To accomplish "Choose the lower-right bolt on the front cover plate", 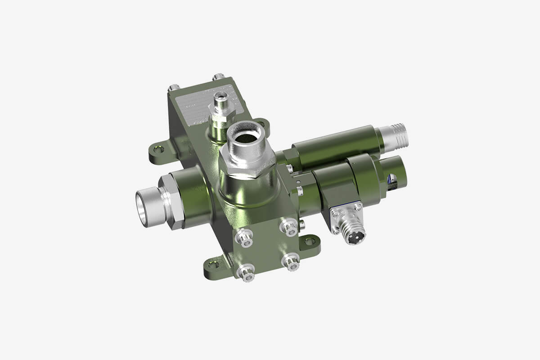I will tap(291, 262).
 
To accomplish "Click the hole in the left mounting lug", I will tap(157, 148).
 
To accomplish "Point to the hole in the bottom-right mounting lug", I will tap(310, 242).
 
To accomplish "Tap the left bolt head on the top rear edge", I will tap(174, 87).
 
